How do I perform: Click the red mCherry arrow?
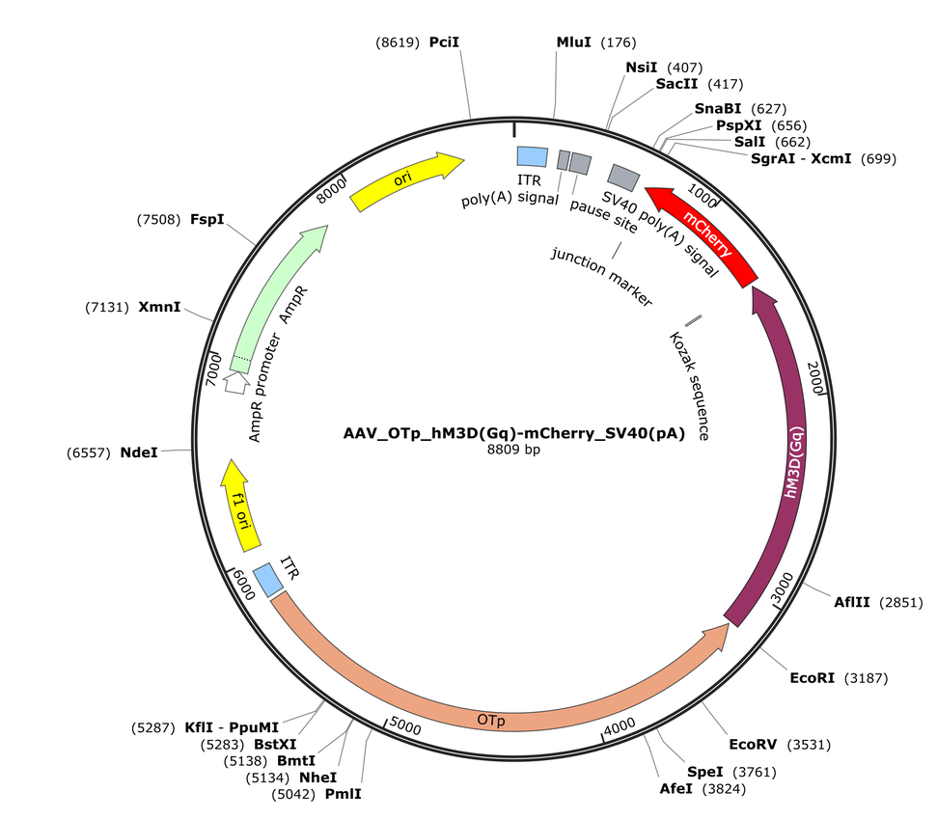tap(705, 232)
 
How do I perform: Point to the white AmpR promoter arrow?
tap(236, 382)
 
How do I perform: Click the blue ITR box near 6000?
tap(267, 580)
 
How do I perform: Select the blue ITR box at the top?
tap(532, 156)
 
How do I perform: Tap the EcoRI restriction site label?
tap(813, 678)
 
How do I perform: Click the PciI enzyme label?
tap(444, 42)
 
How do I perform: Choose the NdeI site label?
tap(139, 452)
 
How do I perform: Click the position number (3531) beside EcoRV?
tap(809, 745)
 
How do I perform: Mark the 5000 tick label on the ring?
tap(405, 725)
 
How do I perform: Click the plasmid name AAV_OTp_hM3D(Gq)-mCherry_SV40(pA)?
tap(514, 433)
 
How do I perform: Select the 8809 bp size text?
tap(513, 450)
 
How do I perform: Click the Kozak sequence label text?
tap(689, 387)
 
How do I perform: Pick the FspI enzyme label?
tap(207, 220)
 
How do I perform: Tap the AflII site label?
tap(852, 602)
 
